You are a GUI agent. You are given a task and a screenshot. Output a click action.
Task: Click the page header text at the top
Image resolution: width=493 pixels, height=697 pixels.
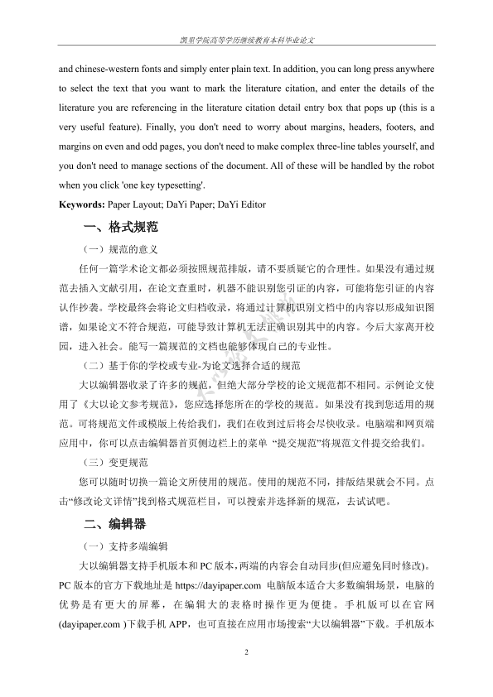246,40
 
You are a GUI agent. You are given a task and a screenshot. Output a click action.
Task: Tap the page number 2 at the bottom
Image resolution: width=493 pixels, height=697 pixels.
246,653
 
